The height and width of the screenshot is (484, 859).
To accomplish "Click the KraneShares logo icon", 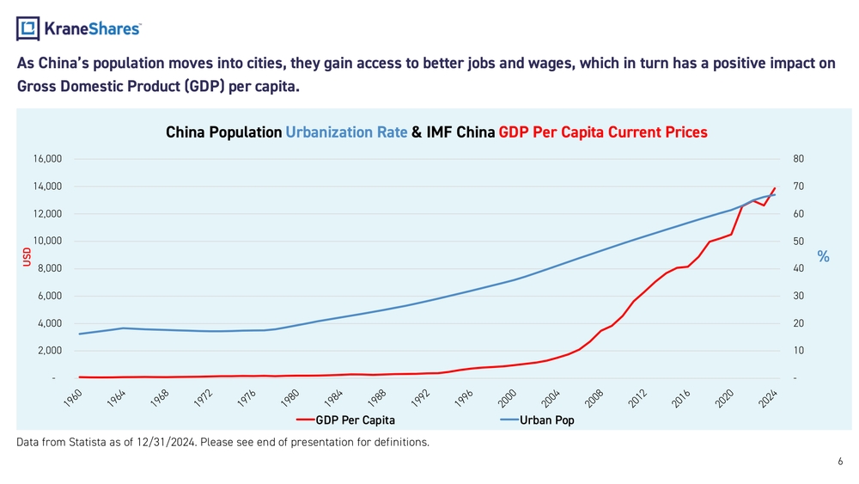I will [x=28, y=28].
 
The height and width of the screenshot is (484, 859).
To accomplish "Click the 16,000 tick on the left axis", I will [x=47, y=159].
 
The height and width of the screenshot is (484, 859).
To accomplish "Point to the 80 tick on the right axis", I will [x=800, y=159].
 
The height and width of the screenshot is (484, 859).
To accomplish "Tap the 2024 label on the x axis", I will [x=768, y=399].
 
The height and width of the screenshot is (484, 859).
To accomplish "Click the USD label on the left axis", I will [x=27, y=256].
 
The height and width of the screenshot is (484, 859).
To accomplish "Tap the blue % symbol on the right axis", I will [x=823, y=256].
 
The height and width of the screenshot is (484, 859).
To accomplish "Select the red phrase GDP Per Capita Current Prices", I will [x=603, y=133].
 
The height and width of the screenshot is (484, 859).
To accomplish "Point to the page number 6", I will [x=840, y=462].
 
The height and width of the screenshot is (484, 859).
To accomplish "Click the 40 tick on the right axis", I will [x=800, y=269].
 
